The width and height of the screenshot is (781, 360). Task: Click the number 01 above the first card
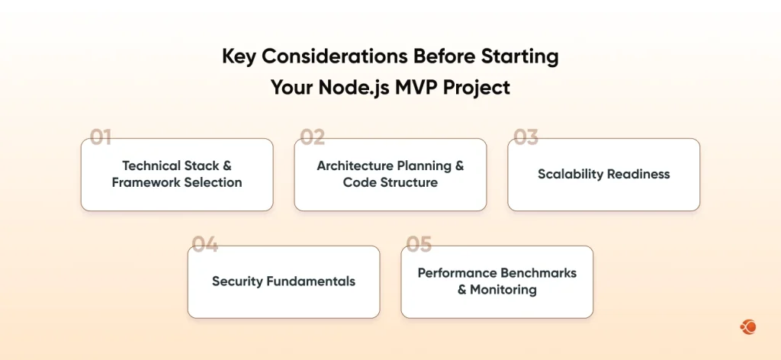coord(101,137)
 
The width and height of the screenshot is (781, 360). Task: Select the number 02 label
coord(313,137)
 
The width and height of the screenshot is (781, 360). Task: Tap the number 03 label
coord(525,137)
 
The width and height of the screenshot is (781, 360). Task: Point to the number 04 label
coord(205,245)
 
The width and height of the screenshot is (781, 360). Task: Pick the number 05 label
coord(419,245)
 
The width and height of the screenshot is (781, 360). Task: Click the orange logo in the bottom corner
coord(747,327)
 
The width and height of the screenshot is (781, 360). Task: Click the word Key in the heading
coord(239,56)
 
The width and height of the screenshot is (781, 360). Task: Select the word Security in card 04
coord(237,281)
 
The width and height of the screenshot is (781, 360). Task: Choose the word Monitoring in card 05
coord(503,290)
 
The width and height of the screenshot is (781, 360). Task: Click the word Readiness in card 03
coord(638,174)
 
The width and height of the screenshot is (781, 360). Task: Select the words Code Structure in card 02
coord(390,182)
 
